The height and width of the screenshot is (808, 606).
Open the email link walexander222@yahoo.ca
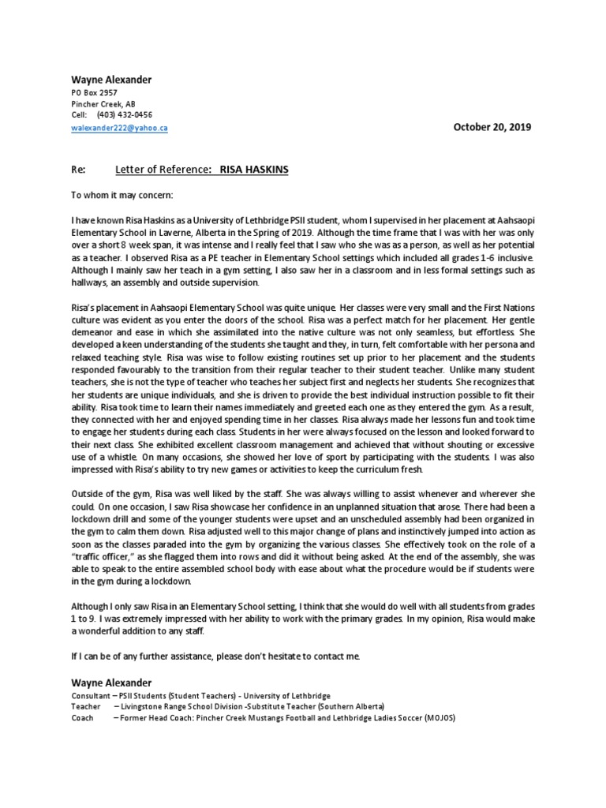pyautogui.click(x=119, y=127)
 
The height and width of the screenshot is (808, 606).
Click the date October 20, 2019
pyautogui.click(x=492, y=127)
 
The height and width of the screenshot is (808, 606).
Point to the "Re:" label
pyautogui.click(x=77, y=169)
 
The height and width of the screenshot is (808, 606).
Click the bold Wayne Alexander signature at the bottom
pyautogui.click(x=112, y=682)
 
